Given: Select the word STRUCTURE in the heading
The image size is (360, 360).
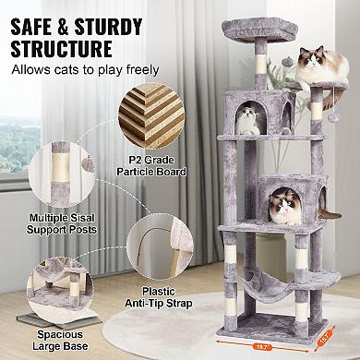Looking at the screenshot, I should tap(60, 46).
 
